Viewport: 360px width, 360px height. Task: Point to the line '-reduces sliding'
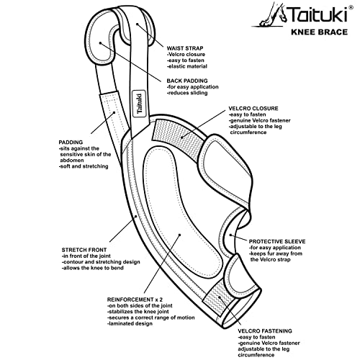point(191,94)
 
